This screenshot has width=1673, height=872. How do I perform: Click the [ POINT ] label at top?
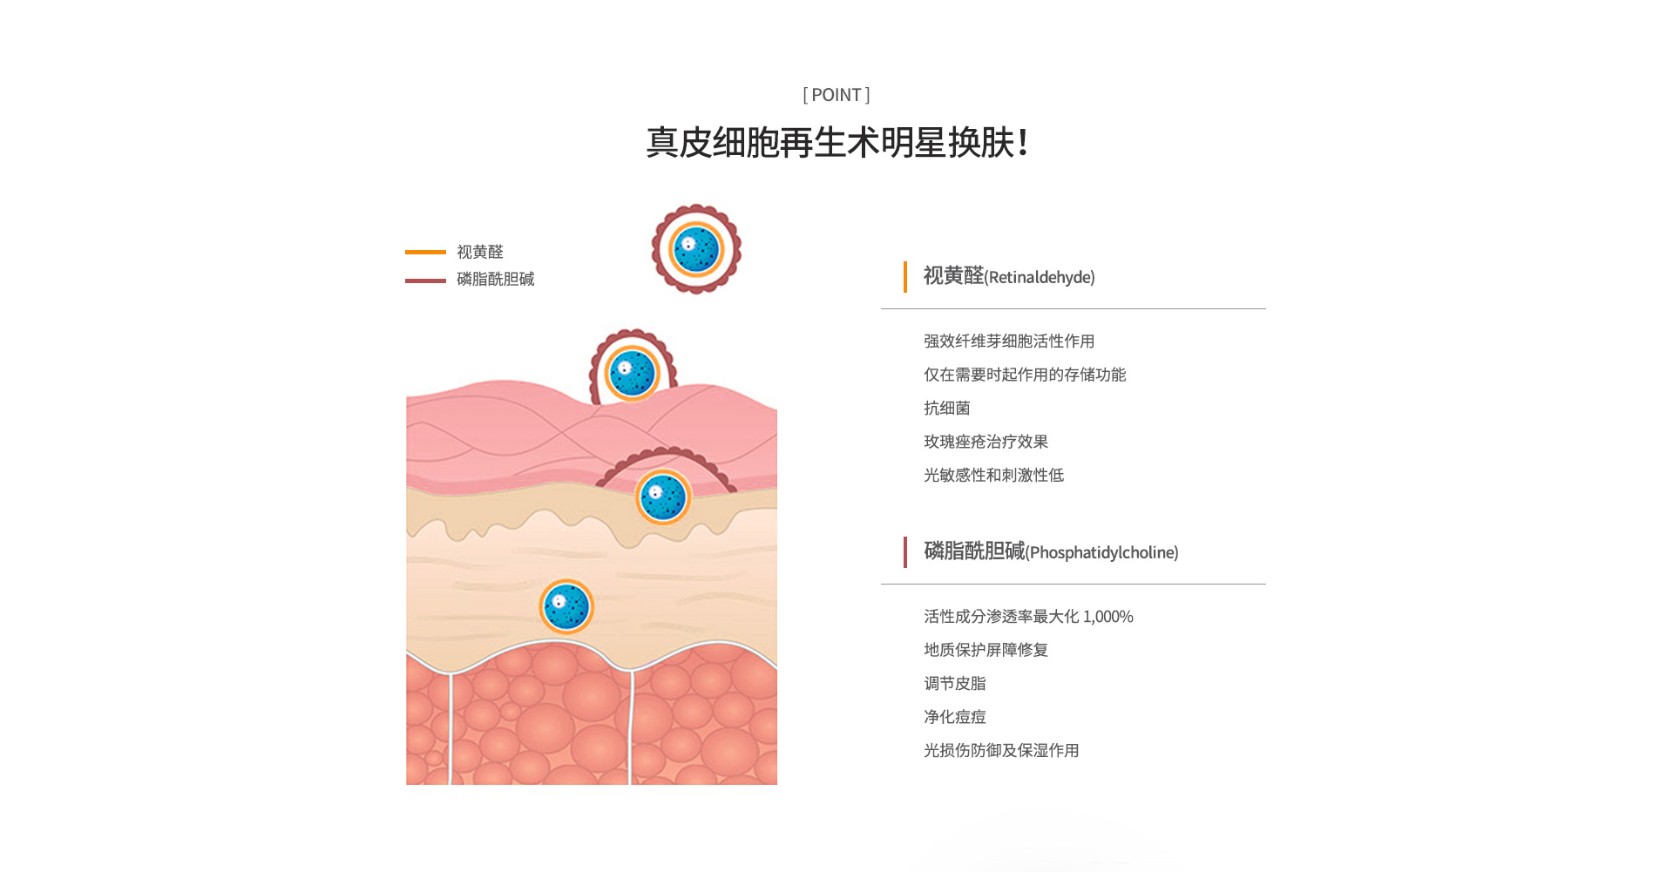836,95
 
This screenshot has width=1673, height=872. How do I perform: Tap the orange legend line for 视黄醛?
425,252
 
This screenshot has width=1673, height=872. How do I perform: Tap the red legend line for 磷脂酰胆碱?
425,281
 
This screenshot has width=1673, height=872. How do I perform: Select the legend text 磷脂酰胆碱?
496,279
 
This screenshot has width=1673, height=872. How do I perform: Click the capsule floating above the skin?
696,249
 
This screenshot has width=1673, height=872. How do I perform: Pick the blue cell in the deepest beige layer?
566,606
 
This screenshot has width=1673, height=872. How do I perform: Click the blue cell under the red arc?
663,497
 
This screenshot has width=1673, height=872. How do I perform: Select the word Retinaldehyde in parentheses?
1040,277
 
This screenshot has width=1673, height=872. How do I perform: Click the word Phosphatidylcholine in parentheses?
1102,552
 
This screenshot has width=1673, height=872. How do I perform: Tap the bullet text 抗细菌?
947,408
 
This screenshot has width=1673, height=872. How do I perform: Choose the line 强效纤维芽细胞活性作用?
1009,341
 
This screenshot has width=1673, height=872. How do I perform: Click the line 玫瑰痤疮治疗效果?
986,442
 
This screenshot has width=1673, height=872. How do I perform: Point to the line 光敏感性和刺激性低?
994,475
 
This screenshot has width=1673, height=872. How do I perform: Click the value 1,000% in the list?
1108,617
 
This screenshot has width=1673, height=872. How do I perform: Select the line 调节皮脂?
955,684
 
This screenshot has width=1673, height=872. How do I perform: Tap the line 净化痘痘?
955,717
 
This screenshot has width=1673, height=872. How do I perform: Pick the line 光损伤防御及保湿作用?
1002,750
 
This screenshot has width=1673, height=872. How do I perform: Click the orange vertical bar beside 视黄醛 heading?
905,277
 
